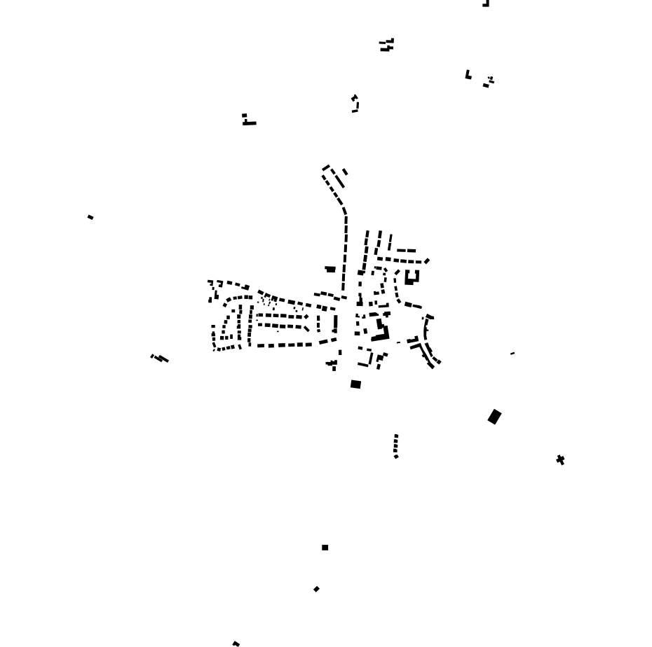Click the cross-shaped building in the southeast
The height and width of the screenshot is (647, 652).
point(560,460)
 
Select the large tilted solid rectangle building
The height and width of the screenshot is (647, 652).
point(494,417)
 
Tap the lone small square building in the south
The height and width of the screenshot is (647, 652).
point(325,548)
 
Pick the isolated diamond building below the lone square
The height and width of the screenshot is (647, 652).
point(316,590)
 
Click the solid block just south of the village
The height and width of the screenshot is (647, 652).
point(355,384)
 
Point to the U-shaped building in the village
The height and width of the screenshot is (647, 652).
point(412,278)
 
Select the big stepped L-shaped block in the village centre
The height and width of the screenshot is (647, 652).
point(381,332)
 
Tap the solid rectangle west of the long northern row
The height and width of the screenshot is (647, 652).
point(330,269)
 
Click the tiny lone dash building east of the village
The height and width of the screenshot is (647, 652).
point(512,354)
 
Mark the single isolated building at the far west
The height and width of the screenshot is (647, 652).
point(90,217)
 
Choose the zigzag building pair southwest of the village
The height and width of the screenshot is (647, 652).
point(161,359)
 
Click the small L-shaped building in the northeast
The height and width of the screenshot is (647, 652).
point(468,75)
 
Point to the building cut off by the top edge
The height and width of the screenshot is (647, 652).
point(485,4)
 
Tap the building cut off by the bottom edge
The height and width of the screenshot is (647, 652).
point(236,643)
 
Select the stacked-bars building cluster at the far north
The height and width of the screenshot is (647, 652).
point(387,46)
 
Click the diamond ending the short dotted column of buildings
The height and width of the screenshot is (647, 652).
point(396,457)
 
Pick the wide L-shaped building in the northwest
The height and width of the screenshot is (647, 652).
point(248,120)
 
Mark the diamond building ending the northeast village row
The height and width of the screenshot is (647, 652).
point(427,261)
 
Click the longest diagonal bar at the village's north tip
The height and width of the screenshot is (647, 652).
point(339,180)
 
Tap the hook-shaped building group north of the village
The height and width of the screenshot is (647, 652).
point(355,104)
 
